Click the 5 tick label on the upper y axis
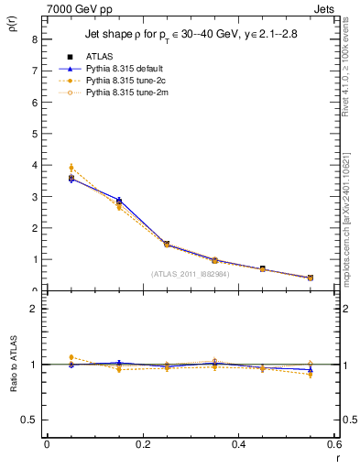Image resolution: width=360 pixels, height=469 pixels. click(34, 134)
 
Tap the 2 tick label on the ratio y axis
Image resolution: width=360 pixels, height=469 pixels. click(34, 309)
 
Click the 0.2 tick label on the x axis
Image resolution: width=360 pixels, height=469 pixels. click(142, 444)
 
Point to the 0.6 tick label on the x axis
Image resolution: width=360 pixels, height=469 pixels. click(333, 444)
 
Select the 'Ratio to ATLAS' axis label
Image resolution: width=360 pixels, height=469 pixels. click(11, 364)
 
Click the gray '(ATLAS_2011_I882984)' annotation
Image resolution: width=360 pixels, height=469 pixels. click(191, 273)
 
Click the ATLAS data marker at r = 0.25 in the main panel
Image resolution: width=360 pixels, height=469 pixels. click(166, 244)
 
